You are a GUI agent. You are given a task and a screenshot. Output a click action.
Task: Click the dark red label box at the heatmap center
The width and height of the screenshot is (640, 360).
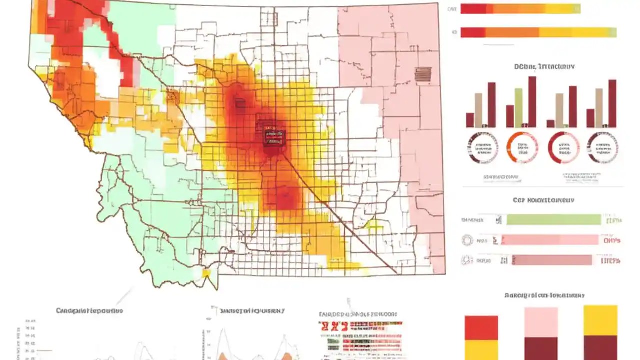274,137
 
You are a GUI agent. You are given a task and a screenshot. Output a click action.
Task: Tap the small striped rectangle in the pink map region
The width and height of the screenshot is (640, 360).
423,74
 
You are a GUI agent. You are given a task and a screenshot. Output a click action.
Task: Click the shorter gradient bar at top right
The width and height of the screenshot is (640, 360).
520,8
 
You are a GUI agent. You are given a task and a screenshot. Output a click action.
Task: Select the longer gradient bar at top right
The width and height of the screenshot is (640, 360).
538,32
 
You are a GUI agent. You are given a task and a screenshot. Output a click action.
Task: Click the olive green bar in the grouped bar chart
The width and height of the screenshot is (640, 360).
519,107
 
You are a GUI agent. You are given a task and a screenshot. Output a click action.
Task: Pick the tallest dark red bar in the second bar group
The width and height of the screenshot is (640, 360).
532,101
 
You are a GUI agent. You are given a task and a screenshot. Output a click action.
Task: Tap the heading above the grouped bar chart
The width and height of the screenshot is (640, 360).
544,66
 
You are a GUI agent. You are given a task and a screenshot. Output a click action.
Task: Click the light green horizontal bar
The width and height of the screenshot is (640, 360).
553,220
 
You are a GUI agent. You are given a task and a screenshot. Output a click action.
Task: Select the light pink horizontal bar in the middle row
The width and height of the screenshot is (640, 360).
550,240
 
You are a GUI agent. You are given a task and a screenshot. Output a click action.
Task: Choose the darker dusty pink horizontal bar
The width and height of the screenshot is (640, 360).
552,260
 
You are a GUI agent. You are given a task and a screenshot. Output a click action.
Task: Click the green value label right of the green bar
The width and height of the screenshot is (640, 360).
613,220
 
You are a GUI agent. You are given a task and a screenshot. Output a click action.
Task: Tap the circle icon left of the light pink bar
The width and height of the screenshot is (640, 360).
467,240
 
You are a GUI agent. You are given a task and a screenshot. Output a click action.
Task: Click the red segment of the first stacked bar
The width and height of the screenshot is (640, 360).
481,328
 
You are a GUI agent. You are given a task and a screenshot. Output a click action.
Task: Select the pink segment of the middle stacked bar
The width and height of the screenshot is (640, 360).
541,322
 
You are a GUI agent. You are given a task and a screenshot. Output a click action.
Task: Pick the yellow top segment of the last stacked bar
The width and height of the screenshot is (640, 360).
600,320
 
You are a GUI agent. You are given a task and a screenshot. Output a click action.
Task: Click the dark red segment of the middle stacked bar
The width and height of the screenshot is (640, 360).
541,348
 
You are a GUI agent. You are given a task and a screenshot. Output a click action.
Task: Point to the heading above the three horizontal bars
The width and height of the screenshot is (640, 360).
544,200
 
